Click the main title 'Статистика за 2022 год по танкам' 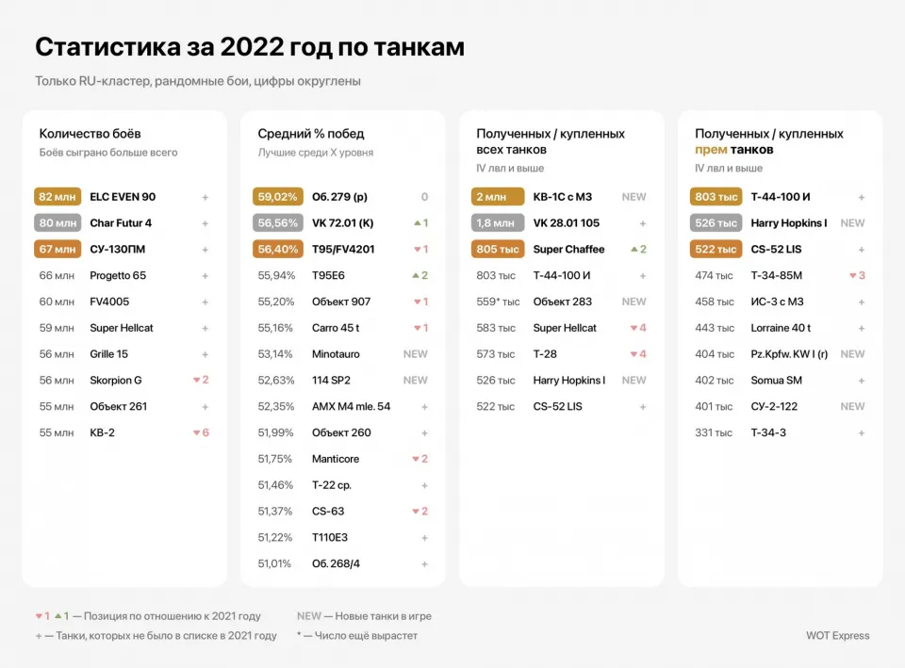pos(250,47)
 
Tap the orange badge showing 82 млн pos(58,197)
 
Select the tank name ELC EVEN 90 pos(123,197)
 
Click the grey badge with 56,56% pos(277,223)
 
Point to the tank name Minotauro pos(336,354)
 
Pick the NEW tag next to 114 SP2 pos(415,381)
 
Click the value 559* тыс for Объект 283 pos(498,301)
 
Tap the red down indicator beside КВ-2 pos(201,432)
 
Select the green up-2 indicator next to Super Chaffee pos(637,250)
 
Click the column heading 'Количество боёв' pos(90,134)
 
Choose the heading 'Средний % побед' pos(311,134)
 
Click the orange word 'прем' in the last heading pos(710,150)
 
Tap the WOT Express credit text pos(838,635)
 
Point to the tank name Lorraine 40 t pos(781,328)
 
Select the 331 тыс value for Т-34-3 pos(714,432)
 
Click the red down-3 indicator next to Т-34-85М pos(857,276)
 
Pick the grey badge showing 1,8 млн pos(496,223)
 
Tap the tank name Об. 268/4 pos(336,563)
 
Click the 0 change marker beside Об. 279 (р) pos(424,197)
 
